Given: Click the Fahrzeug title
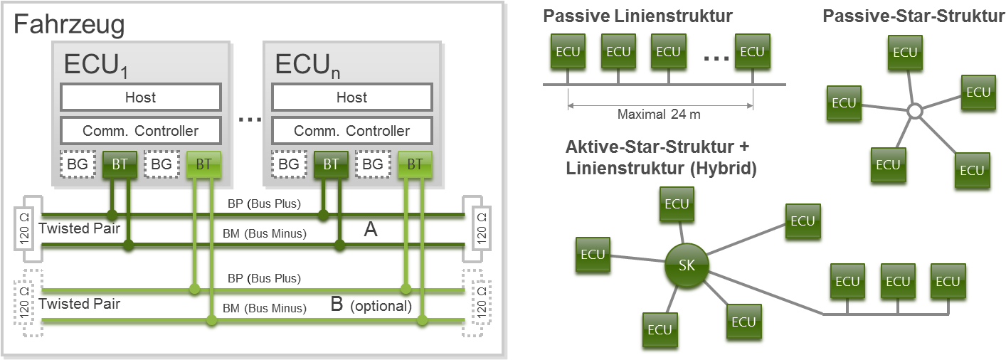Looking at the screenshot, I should click(x=70, y=25).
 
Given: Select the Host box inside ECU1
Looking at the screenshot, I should click(x=140, y=97).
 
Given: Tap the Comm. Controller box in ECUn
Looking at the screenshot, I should click(x=351, y=131).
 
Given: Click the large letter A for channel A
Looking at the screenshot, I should click(x=370, y=228).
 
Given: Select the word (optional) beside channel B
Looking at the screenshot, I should click(x=381, y=307).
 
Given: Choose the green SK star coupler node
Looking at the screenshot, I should click(x=687, y=266).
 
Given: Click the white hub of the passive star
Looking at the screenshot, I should click(x=915, y=111).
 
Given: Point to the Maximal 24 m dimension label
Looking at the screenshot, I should click(x=659, y=114).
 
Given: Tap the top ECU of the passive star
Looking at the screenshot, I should click(x=905, y=53).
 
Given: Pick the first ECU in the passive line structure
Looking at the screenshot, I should click(x=567, y=52).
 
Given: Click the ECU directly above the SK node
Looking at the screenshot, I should click(x=676, y=205).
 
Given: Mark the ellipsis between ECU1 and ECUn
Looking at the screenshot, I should click(x=249, y=120).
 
